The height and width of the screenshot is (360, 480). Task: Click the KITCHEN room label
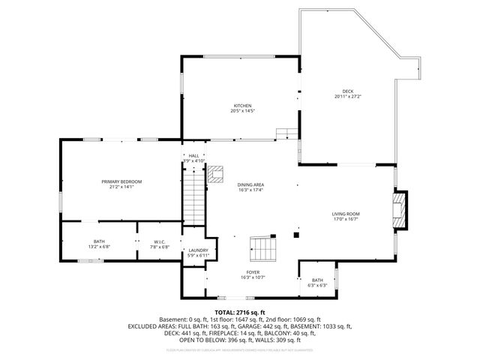[x=241, y=105]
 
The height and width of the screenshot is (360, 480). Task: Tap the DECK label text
[x=348, y=91]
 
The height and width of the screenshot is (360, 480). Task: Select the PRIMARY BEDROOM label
[x=121, y=181]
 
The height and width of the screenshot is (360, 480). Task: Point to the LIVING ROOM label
[x=346, y=214]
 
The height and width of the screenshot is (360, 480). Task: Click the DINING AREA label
[x=250, y=184]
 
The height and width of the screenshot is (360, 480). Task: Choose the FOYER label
[x=253, y=272]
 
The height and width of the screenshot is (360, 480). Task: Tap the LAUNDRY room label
[x=198, y=250]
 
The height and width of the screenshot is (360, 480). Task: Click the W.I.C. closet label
[x=160, y=241]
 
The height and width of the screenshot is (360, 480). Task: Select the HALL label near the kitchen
[x=193, y=155]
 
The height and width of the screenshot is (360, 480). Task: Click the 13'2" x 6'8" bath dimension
[x=99, y=247]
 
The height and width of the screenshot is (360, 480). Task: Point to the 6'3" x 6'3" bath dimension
[x=317, y=285]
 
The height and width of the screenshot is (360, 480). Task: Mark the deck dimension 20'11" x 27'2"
[x=348, y=96]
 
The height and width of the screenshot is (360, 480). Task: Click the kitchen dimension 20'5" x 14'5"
[x=241, y=111]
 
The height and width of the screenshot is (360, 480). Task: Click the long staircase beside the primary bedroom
[x=193, y=192]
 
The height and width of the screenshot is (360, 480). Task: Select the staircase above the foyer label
[x=262, y=247]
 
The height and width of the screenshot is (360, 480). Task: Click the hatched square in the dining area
[x=215, y=175]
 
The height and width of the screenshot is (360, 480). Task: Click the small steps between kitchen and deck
[x=286, y=133]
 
